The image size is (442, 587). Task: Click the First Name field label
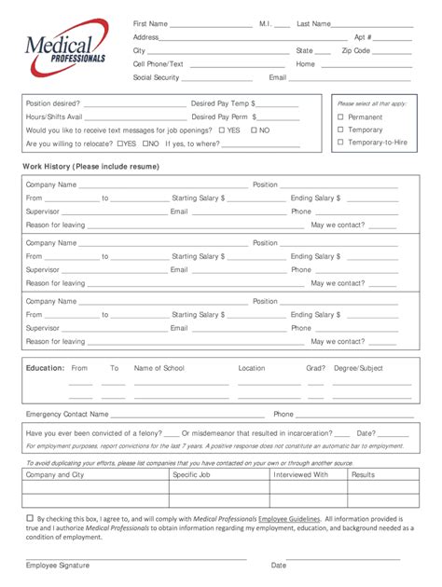(150, 23)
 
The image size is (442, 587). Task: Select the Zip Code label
(356, 50)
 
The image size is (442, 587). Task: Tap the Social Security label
(156, 77)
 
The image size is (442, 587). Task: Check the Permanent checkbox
(340, 117)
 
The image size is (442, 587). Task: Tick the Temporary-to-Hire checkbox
(340, 143)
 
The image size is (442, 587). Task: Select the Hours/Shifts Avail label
(54, 116)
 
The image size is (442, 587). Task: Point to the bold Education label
(45, 368)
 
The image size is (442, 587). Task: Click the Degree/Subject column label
(358, 368)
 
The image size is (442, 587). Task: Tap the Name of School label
(159, 368)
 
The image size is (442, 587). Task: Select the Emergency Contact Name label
(67, 414)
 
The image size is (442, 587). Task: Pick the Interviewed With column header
(300, 474)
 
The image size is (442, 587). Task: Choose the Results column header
(363, 474)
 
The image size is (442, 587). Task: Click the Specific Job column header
(195, 474)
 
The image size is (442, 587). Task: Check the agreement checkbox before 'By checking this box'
(30, 517)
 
